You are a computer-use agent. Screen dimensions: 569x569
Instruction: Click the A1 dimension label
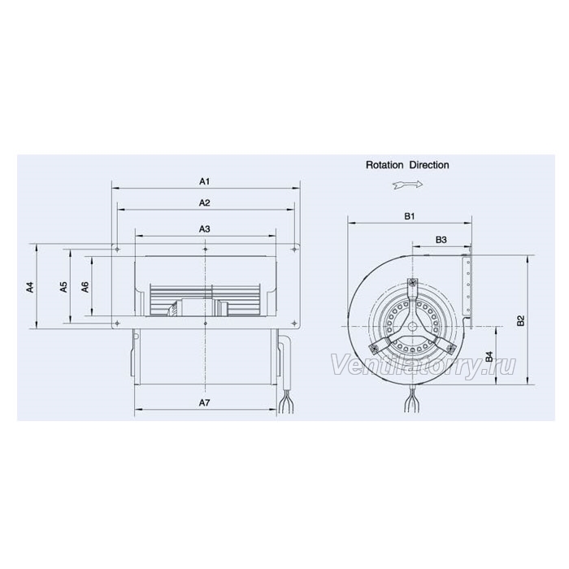(205, 181)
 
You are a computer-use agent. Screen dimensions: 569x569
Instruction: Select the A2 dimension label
(205, 202)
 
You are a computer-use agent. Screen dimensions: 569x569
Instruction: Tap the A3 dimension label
(205, 229)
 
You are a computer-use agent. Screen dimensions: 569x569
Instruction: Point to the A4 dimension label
(30, 287)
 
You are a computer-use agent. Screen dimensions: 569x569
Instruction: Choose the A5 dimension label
(64, 287)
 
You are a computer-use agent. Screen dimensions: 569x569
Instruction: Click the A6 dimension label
(85, 287)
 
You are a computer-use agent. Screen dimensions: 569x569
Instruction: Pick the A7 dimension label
(205, 402)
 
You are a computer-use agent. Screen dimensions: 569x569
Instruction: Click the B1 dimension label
(410, 216)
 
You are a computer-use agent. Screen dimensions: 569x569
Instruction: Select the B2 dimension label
(521, 320)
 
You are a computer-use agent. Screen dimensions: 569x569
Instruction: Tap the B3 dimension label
(441, 240)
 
